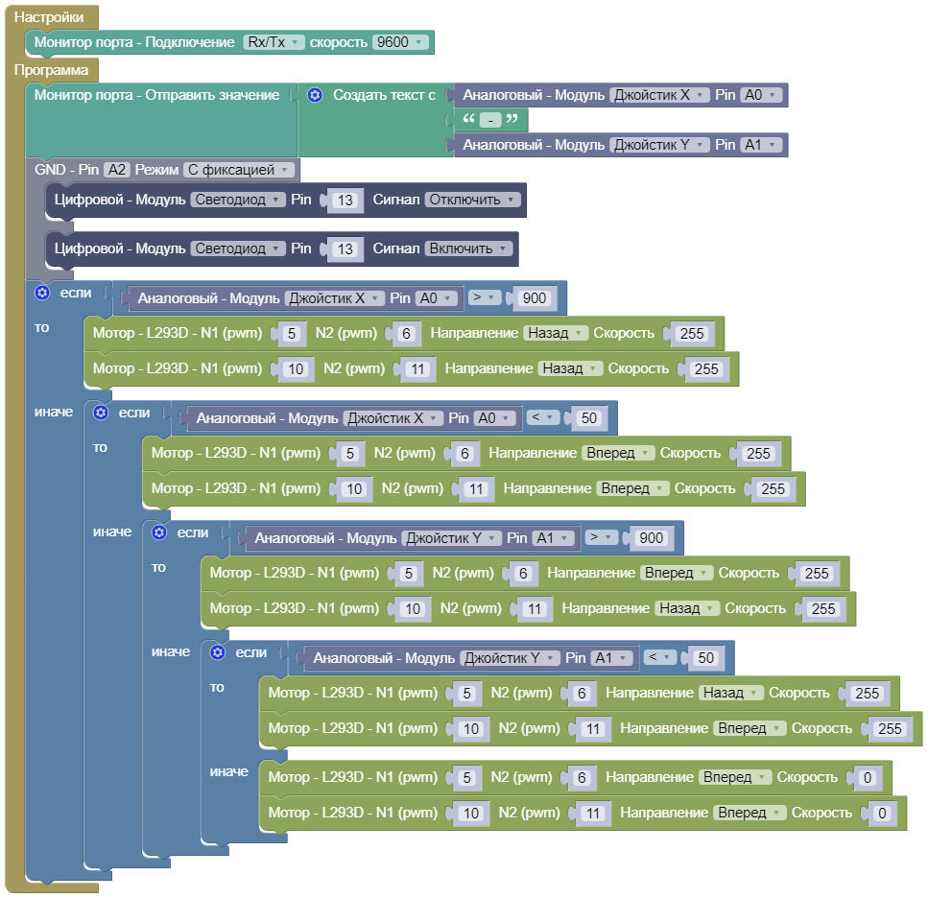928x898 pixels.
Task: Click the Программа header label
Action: coord(52,70)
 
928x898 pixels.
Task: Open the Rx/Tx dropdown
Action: coord(273,42)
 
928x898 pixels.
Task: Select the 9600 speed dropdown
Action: coord(401,42)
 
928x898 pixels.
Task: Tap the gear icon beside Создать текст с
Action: coord(315,95)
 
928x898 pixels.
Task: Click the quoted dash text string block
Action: coord(489,120)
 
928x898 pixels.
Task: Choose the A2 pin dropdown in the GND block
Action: coord(117,170)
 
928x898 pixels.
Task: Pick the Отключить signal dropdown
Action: coord(472,200)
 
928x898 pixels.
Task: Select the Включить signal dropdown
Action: coord(468,248)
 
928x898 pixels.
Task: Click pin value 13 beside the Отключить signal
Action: coord(346,201)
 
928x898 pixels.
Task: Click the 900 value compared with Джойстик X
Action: coord(534,298)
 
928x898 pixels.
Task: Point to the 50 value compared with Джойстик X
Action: coord(588,418)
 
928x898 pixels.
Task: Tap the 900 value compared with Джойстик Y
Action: coord(650,538)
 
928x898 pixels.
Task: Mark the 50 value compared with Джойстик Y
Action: coord(705,658)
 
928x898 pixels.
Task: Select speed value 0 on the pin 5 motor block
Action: coord(867,778)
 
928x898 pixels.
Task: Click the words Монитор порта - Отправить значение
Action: coord(157,95)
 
